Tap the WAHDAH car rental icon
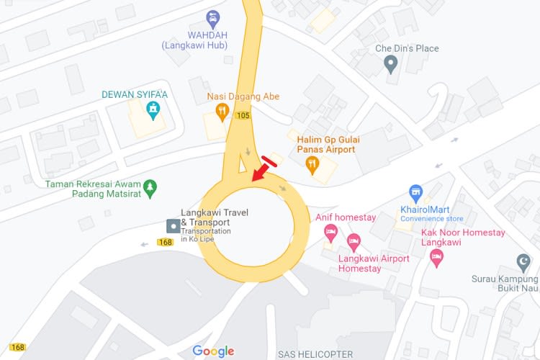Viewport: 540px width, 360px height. (x=212, y=17)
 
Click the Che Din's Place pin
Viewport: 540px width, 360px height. (x=391, y=65)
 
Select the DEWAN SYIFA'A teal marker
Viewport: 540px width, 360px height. (x=153, y=109)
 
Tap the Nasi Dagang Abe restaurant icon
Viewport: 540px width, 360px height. (x=222, y=112)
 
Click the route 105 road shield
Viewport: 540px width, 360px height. (x=243, y=115)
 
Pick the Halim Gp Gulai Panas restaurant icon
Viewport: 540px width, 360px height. (x=312, y=166)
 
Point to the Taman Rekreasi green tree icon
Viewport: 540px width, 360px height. (x=150, y=188)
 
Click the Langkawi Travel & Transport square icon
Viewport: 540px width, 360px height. (x=173, y=226)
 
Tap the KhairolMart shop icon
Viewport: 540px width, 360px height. (x=415, y=193)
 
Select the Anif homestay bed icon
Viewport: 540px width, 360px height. (x=330, y=231)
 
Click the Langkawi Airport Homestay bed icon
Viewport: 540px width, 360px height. (x=353, y=240)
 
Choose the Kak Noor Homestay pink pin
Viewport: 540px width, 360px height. (x=436, y=258)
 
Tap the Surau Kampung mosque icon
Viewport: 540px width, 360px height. (x=524, y=261)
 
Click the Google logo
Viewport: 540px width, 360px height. (x=213, y=351)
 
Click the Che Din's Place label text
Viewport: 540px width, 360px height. (x=407, y=48)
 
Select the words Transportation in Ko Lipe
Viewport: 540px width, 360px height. (x=206, y=235)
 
